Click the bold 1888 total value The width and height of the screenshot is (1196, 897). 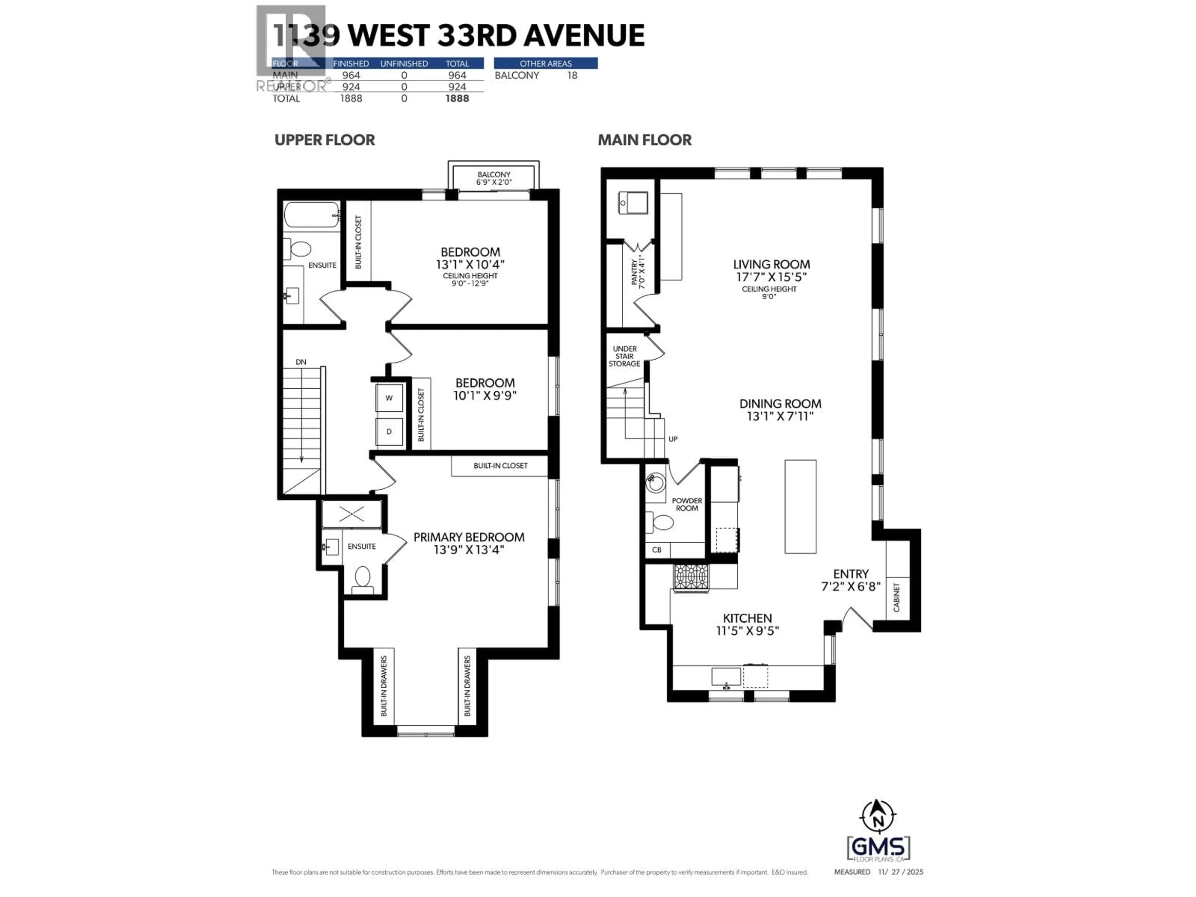pyautogui.click(x=457, y=98)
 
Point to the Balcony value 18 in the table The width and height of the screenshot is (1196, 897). pyautogui.click(x=572, y=75)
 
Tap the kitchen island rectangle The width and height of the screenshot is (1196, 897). pyautogui.click(x=800, y=507)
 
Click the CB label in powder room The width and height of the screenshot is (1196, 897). pyautogui.click(x=656, y=550)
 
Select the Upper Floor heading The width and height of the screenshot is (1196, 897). pyautogui.click(x=325, y=140)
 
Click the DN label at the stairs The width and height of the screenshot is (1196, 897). pyautogui.click(x=301, y=362)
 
